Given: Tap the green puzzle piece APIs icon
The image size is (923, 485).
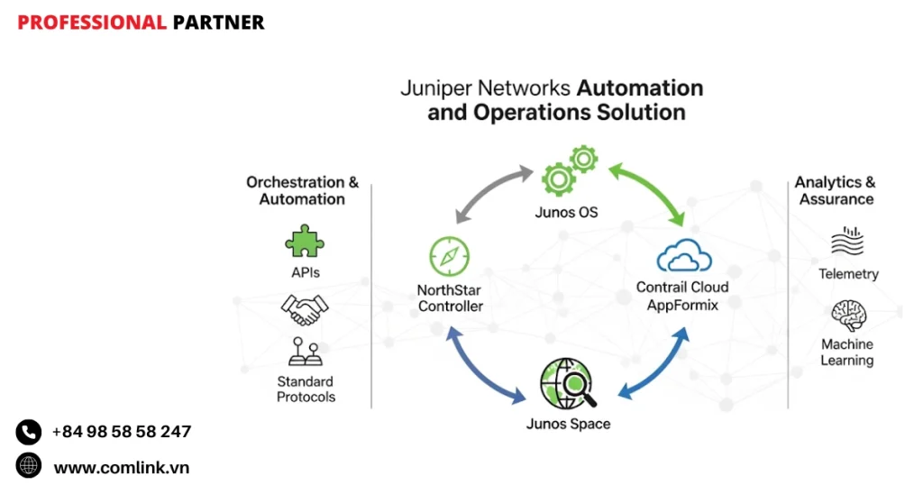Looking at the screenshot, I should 304,242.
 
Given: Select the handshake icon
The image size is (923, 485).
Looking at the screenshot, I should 304,309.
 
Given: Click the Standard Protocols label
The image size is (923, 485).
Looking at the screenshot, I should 306,389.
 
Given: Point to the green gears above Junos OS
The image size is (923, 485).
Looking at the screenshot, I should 570,170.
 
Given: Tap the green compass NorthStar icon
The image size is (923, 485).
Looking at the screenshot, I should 448,256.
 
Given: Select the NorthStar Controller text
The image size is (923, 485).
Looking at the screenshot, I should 450,298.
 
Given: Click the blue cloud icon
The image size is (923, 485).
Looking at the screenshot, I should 684,257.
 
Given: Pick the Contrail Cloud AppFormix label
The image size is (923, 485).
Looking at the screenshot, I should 682,296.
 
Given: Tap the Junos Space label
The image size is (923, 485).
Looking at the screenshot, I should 568,424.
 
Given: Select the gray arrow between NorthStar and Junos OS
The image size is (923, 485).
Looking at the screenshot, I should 490,192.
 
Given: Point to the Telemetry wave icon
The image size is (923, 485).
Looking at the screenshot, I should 847,242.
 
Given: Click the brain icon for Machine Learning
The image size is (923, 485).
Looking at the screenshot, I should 847,315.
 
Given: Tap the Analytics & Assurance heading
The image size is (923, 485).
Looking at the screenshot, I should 836,190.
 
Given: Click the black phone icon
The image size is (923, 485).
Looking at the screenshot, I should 29,432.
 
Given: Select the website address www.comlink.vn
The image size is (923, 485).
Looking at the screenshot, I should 122,468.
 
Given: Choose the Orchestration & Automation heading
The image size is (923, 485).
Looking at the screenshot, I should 302,190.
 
